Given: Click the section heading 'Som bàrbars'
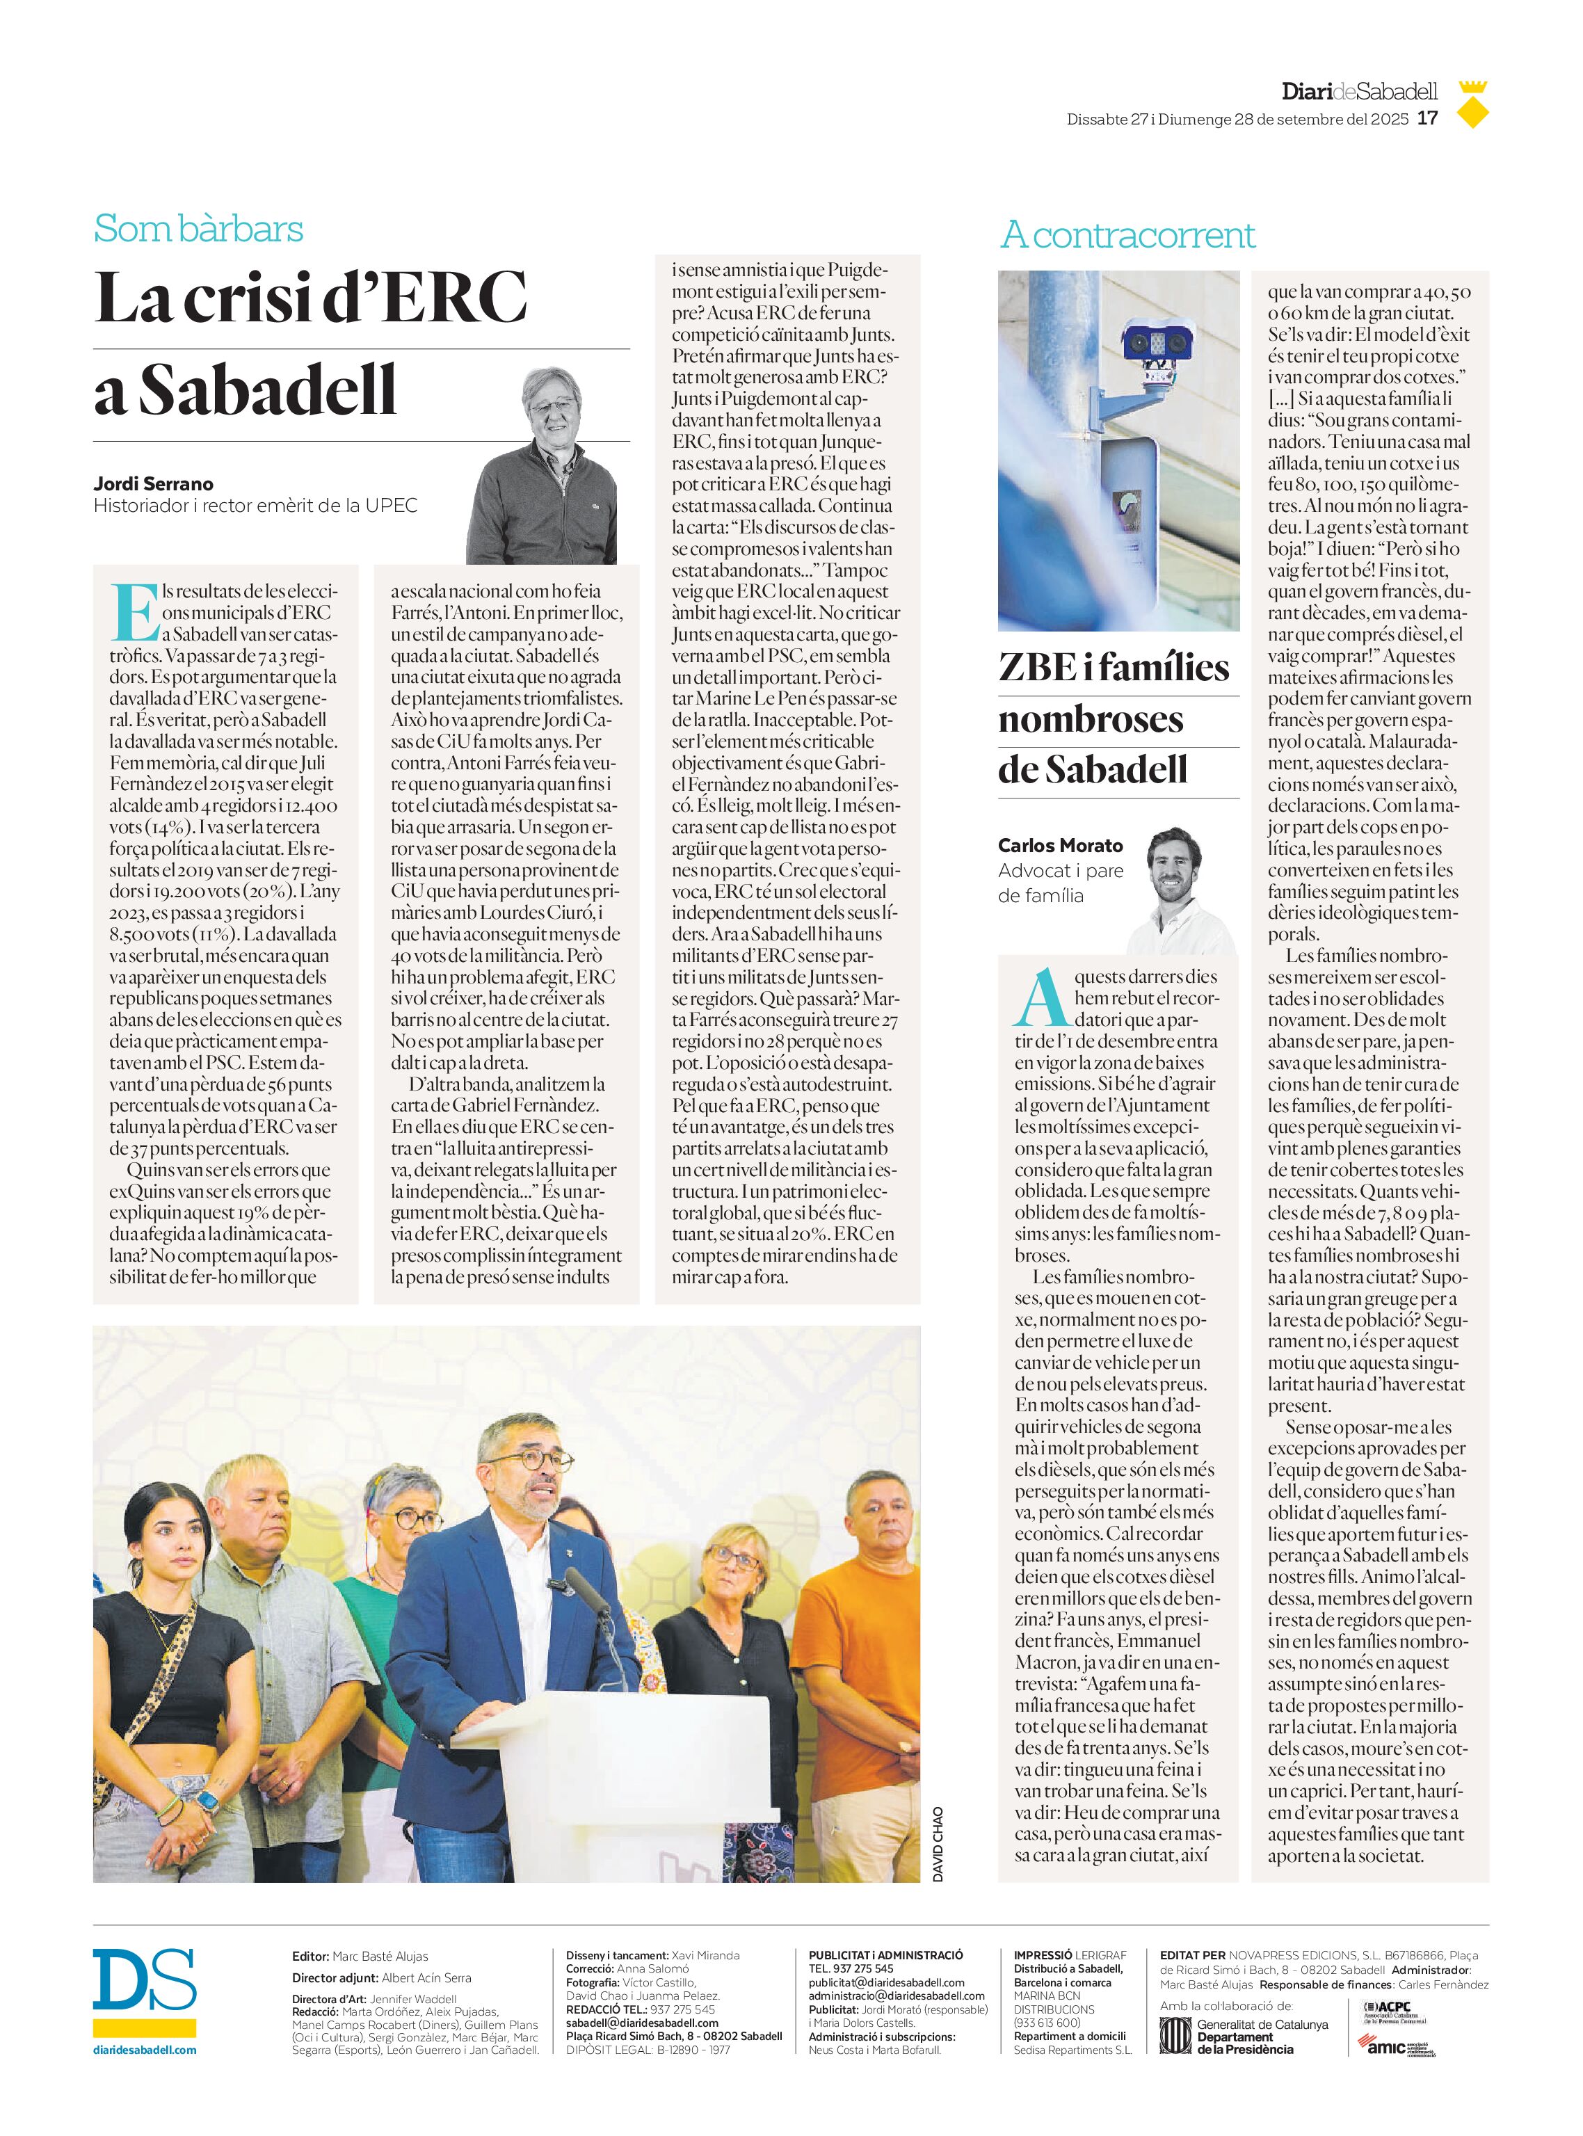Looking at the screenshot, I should [x=198, y=229].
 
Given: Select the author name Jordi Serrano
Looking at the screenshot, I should [x=153, y=483].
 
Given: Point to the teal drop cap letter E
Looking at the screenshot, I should [x=134, y=611].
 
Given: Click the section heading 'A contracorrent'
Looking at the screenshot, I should [x=1127, y=235].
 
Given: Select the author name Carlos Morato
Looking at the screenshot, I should [x=1060, y=845].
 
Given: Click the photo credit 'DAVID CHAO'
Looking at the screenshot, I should [x=938, y=1844].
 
